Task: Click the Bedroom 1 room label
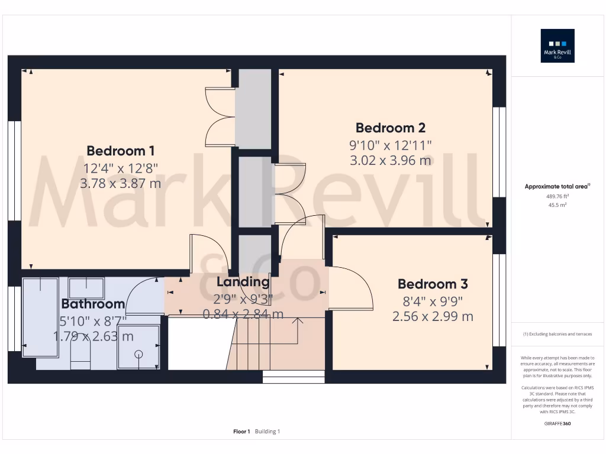coord(121,151)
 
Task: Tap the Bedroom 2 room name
coord(390,128)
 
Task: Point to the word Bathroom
coord(93,304)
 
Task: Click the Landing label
coord(243,282)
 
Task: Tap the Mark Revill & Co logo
coord(557,46)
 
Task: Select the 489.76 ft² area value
coord(557,196)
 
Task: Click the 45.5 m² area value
coord(557,205)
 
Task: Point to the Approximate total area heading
coord(557,186)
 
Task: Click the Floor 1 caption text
coord(241,432)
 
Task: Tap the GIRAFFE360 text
coord(557,423)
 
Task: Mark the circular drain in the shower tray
coord(139,354)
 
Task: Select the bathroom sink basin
coord(86,288)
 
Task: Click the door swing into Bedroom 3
coord(351,288)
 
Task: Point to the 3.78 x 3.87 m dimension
coord(121,184)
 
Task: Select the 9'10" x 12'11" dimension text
coord(390,145)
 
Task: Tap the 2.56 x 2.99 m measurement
coord(432,317)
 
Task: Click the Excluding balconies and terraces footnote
coord(557,334)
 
